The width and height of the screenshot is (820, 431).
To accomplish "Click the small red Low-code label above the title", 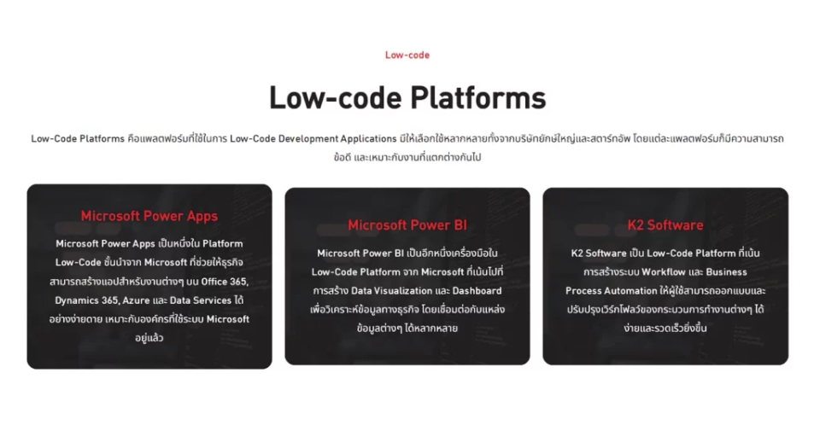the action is pyautogui.click(x=407, y=55).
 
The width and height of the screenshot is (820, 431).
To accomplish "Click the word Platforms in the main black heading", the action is pyautogui.click(x=478, y=97).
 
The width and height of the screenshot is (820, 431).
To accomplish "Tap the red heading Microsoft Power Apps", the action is pyautogui.click(x=149, y=216).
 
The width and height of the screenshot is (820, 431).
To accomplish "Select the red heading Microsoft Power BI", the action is pyautogui.click(x=407, y=225).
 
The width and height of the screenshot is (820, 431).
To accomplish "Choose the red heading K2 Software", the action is pyautogui.click(x=665, y=225).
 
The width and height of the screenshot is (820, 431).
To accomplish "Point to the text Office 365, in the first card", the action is pyautogui.click(x=225, y=282).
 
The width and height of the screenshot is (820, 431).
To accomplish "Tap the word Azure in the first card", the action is pyautogui.click(x=136, y=300).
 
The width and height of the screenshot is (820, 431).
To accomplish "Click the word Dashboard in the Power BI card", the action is pyautogui.click(x=477, y=290).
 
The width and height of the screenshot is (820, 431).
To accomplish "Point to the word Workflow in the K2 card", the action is pyautogui.click(x=664, y=271).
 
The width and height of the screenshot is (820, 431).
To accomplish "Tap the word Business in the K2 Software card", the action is pyautogui.click(x=726, y=271).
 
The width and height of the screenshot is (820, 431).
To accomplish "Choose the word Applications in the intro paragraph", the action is pyautogui.click(x=369, y=138).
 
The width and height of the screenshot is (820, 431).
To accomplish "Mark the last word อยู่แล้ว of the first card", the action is pyautogui.click(x=149, y=338).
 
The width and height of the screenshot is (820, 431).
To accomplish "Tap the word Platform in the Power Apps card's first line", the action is pyautogui.click(x=223, y=243).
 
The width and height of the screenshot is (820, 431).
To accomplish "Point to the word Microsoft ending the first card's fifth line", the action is pyautogui.click(x=228, y=319).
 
